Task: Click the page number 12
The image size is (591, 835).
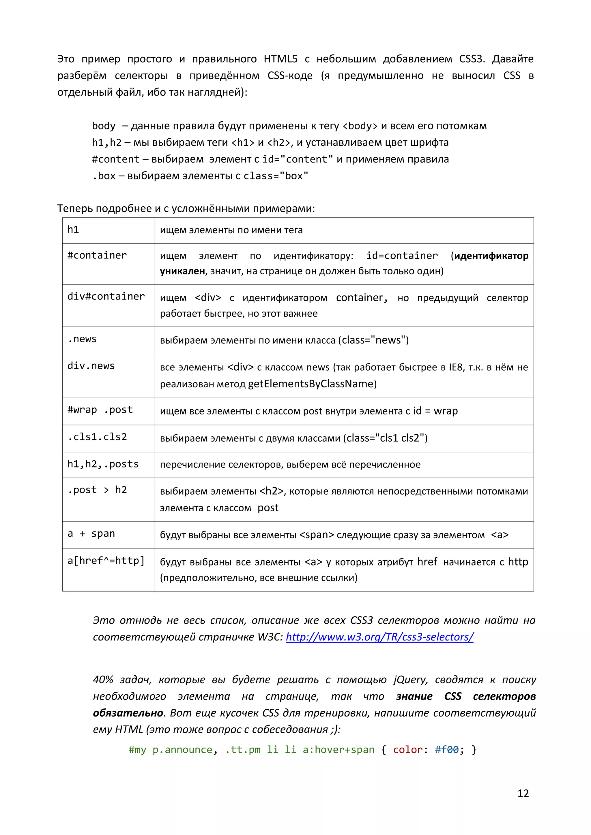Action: coord(523,793)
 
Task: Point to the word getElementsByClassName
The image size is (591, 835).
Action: coord(312,384)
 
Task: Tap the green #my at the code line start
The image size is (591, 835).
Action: coord(137,749)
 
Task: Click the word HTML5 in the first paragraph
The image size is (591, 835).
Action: coord(280,59)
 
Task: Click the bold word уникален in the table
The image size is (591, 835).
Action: coord(182,271)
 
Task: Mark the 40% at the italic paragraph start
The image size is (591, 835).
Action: coord(103,679)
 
